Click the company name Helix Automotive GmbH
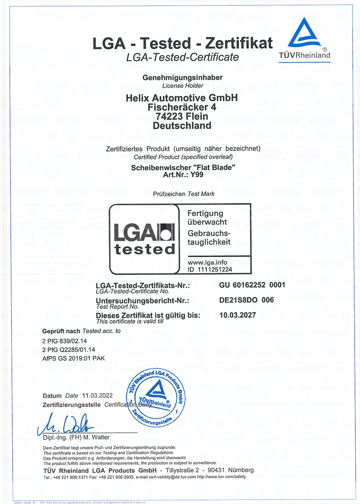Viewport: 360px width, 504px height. pos(182,98)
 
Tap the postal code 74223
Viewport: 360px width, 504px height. pos(169,117)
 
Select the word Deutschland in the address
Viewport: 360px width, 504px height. pos(182,126)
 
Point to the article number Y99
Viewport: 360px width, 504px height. pos(197,175)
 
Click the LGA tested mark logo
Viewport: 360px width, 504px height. pos(144,239)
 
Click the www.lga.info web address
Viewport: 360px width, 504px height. pos(207,262)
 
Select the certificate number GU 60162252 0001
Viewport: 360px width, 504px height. pos(252,285)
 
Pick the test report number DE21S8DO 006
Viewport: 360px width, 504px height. pos(246,300)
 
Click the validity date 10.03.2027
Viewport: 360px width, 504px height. pos(238,315)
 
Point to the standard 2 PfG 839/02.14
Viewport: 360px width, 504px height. pos(64,341)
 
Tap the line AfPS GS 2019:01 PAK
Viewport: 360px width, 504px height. pos(73,358)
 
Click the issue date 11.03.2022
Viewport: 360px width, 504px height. pos(97,396)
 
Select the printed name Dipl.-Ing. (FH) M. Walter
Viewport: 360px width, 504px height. pos(76,437)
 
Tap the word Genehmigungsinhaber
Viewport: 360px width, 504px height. pos(183,77)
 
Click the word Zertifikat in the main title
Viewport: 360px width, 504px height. pos(239,44)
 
